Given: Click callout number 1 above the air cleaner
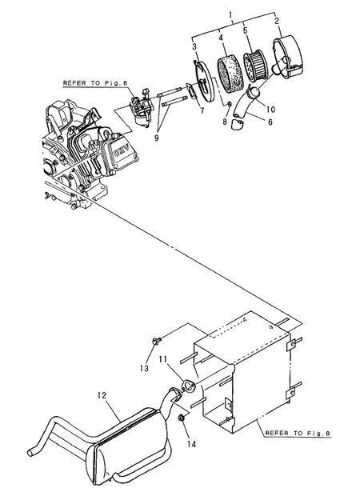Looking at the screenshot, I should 230,14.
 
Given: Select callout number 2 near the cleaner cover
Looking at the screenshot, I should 277,22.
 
